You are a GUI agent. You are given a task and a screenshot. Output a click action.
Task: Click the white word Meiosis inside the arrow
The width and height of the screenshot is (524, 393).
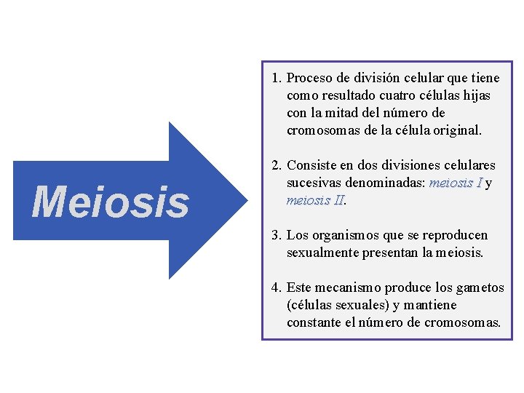pos(110,202)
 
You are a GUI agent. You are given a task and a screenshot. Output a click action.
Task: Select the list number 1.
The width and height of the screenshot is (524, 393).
pos(276,78)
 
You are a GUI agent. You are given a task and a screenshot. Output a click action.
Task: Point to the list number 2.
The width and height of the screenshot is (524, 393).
pos(276,165)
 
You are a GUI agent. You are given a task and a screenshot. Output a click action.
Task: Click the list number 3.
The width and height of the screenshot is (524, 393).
pos(276,235)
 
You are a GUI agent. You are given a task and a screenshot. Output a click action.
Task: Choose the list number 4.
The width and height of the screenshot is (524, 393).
pos(276,287)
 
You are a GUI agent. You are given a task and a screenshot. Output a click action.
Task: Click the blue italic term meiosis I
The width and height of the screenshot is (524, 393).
pos(456,183)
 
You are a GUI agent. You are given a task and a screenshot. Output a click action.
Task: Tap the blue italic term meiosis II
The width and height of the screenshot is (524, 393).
pos(314,200)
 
